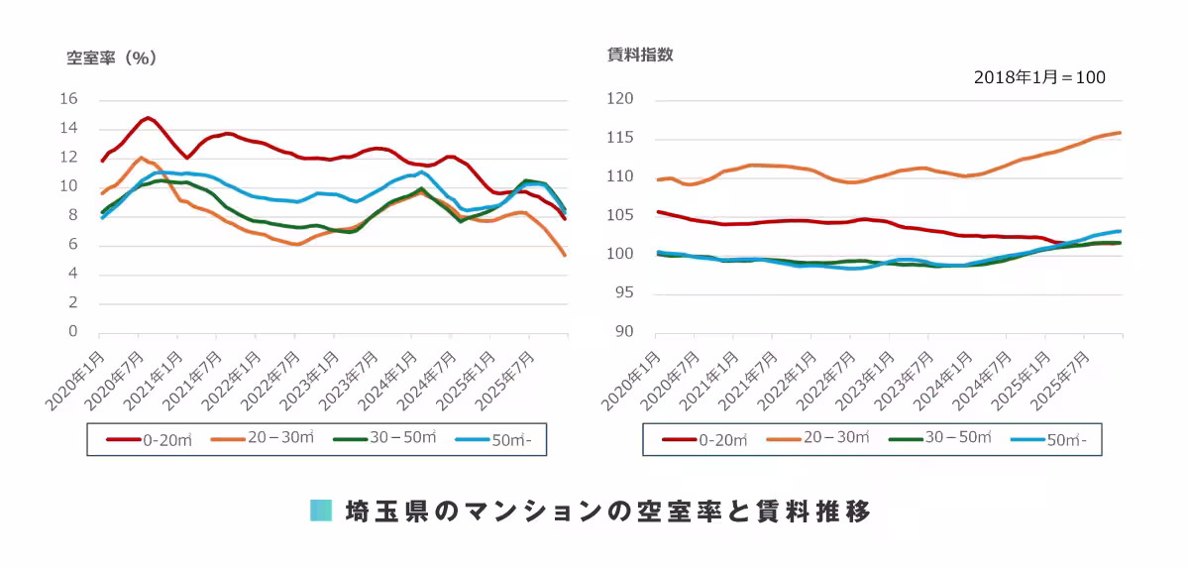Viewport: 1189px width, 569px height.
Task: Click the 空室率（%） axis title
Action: (x=112, y=57)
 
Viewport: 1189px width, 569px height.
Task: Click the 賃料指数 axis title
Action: (x=640, y=56)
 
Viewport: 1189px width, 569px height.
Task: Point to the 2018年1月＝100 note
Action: (x=1039, y=77)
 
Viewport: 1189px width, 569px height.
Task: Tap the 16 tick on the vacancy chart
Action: (x=68, y=99)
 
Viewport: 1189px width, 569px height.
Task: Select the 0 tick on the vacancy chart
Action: (x=72, y=332)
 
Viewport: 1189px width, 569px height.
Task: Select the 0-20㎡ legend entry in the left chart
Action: (x=149, y=439)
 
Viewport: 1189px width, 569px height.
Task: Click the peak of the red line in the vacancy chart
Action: (x=148, y=118)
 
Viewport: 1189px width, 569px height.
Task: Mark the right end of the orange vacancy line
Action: (x=565, y=256)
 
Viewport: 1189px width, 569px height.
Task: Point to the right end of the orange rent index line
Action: (x=1120, y=133)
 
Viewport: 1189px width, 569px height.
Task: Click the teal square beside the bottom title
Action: (x=320, y=512)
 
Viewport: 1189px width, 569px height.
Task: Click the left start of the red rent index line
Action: (x=658, y=211)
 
